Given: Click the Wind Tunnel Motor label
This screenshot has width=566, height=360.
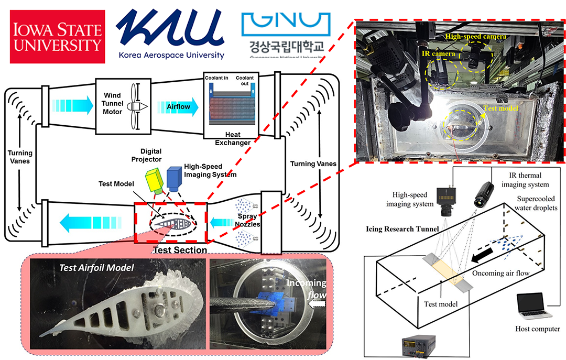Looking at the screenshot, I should [x=113, y=104].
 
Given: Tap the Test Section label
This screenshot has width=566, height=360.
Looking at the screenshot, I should [x=179, y=250].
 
